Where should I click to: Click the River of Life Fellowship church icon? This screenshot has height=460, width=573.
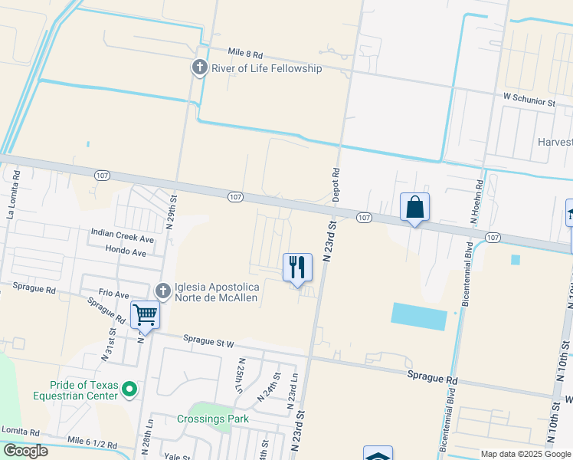[x=200, y=68]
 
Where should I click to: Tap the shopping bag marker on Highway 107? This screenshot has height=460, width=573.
[x=414, y=207]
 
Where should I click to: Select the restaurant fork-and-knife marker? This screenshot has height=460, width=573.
[x=297, y=268]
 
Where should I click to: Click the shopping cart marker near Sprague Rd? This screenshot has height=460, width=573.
[x=145, y=314]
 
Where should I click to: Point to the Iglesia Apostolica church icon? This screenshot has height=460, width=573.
[x=162, y=291]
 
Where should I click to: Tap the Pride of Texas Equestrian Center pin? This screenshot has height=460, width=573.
[x=129, y=390]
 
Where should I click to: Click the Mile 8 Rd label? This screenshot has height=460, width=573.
[x=245, y=54]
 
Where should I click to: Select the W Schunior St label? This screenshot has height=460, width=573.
[x=529, y=100]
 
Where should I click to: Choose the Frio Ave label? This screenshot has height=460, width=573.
[x=114, y=294]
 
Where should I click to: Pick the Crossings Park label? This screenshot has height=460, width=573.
[x=213, y=419]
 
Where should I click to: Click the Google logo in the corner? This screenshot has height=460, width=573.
[x=25, y=451]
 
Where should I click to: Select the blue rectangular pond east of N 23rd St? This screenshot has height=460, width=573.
[x=418, y=316]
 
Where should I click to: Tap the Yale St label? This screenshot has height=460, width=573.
[x=177, y=455]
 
